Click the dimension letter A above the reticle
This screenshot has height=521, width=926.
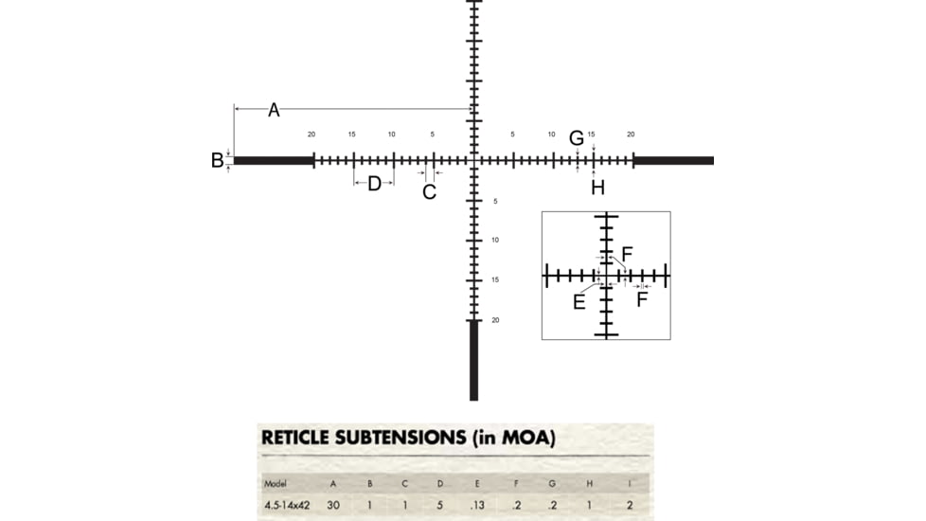[274, 110]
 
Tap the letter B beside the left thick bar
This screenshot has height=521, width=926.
[217, 161]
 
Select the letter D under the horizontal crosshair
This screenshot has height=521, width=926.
[374, 183]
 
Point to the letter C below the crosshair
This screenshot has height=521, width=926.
[429, 192]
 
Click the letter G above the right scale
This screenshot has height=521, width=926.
[576, 138]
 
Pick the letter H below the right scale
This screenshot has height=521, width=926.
[597, 188]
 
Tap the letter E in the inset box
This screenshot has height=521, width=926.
[579, 302]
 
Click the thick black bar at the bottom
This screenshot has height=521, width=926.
[473, 360]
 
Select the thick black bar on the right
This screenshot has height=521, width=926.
[673, 160]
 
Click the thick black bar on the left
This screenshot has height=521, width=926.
[274, 160]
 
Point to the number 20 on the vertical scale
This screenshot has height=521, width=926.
[495, 320]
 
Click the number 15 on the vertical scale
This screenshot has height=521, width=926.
[495, 280]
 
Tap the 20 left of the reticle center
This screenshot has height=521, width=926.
[312, 135]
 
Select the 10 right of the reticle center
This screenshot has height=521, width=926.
[551, 135]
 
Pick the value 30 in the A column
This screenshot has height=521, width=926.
[333, 505]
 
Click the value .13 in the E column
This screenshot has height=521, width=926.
[476, 505]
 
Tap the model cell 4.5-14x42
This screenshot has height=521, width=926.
[287, 505]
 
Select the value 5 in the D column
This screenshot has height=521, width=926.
[440, 505]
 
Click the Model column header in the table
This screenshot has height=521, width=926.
[276, 484]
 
